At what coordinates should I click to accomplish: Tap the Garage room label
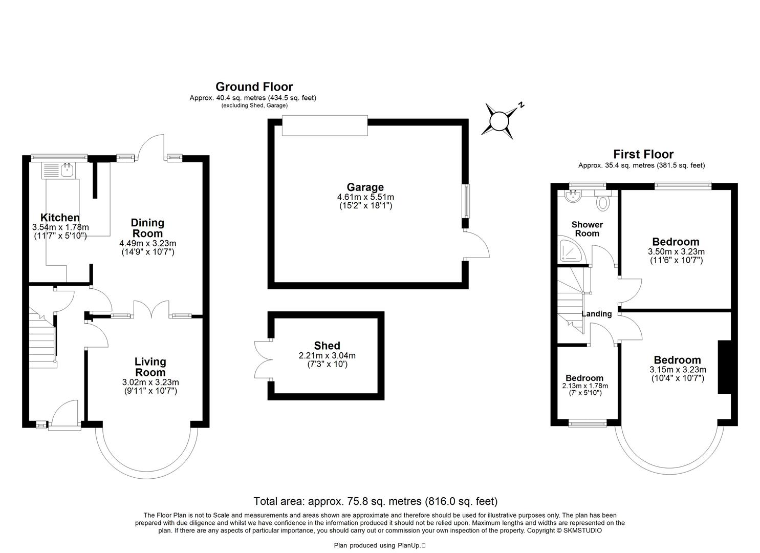tap(365, 187)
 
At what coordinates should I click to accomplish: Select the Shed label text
tap(327, 346)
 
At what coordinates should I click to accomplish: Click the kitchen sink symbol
tap(67, 169)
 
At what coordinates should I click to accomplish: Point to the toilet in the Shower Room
tap(603, 202)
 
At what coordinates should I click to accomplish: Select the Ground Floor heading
tap(254, 87)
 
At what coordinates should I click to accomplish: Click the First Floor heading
tap(643, 154)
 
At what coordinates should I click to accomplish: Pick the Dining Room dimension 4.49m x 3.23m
tap(147, 243)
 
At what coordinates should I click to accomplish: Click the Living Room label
tap(150, 367)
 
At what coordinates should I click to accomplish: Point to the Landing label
tap(597, 314)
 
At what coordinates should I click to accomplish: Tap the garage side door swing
tap(477, 245)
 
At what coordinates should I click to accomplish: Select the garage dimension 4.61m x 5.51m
tap(365, 197)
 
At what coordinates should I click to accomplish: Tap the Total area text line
tap(375, 501)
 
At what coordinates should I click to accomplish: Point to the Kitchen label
tap(60, 218)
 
